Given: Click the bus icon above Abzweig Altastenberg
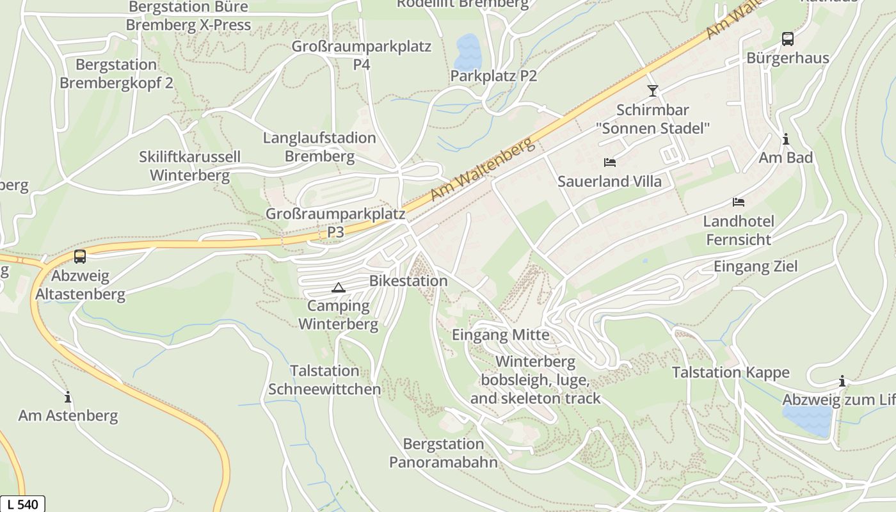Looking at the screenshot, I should click(x=80, y=257).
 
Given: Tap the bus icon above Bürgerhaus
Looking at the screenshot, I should click(x=787, y=39).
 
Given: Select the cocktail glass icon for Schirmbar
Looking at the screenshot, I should click(x=652, y=91).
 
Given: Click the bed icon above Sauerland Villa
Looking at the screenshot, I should click(x=609, y=163).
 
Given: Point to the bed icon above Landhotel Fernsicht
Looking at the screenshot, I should click(x=738, y=202).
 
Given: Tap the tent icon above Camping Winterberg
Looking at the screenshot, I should click(x=338, y=287).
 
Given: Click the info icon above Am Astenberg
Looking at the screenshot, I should click(x=68, y=397).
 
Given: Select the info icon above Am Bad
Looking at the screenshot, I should click(x=785, y=139).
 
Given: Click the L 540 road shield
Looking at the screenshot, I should click(x=22, y=504).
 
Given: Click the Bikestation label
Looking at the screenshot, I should click(x=408, y=281).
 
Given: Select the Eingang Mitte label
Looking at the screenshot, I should click(x=500, y=335).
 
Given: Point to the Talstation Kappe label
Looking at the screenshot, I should click(x=730, y=372).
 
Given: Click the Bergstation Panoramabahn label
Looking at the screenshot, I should click(x=443, y=453).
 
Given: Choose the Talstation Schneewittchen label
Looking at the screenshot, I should click(x=324, y=380).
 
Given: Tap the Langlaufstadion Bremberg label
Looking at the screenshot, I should click(x=319, y=147).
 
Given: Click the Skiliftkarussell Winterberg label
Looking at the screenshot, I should click(x=189, y=166).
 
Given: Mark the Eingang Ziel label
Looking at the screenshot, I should click(x=755, y=266).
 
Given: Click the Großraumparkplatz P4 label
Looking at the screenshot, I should click(x=361, y=56).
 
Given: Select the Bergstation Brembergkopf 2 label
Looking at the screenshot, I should click(x=116, y=74).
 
